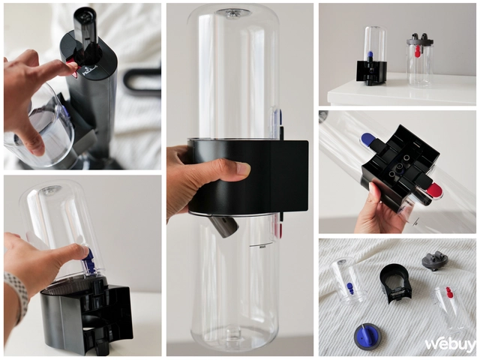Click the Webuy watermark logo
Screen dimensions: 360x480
coord(450,343)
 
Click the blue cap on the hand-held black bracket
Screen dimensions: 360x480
coord(369,139)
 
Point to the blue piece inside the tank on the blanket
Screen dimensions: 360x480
coord(349,287)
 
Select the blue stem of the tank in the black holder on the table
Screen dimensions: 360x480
coord(370,55)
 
